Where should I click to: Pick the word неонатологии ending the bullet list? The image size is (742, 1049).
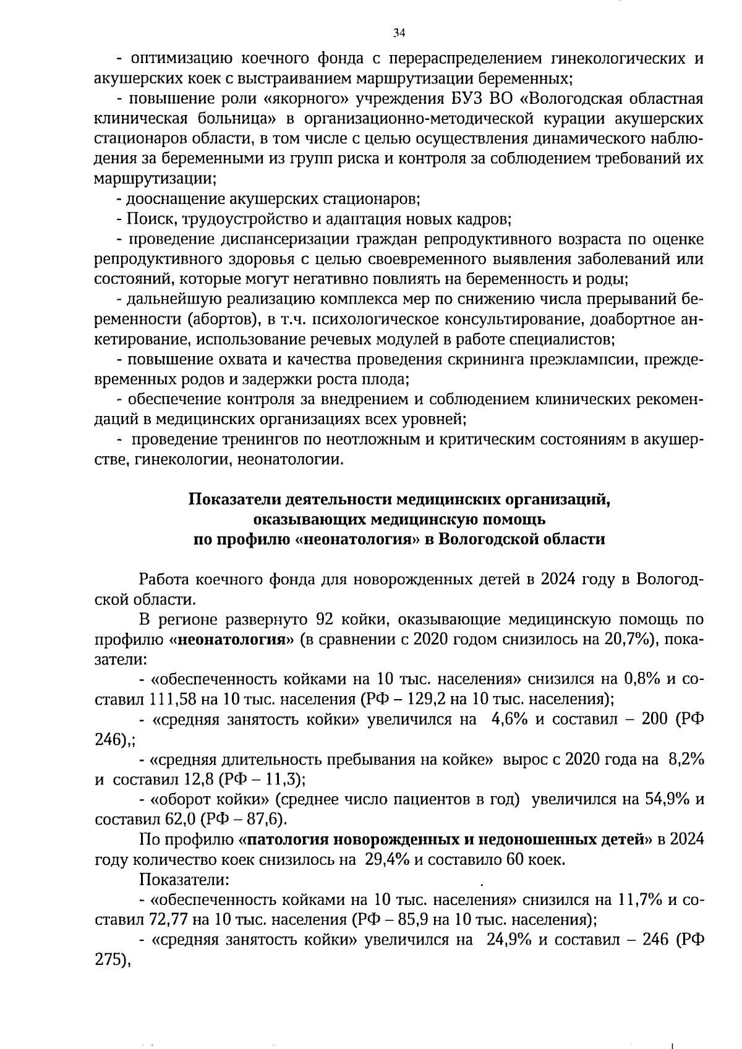click(x=289, y=460)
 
